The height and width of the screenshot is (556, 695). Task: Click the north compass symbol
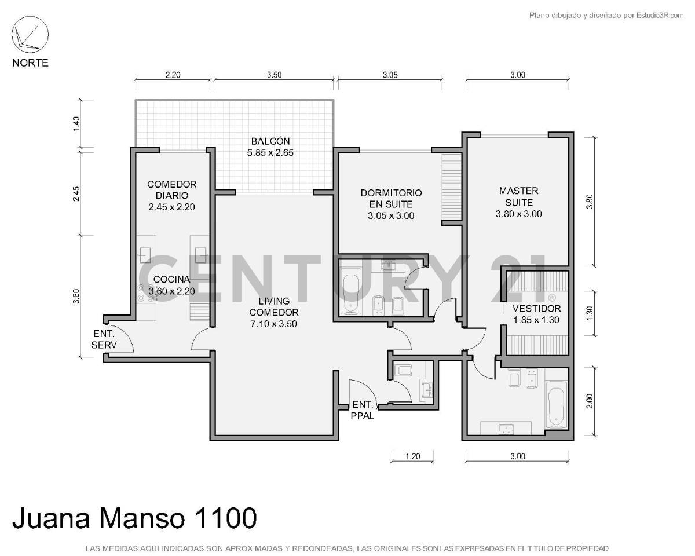pyautogui.click(x=30, y=35)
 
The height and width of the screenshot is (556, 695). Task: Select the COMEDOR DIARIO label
pyautogui.click(x=172, y=190)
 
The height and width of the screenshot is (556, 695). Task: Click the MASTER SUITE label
pyautogui.click(x=518, y=196)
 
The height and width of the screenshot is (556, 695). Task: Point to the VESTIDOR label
pyautogui.click(x=536, y=309)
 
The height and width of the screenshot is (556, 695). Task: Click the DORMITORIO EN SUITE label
pyautogui.click(x=391, y=198)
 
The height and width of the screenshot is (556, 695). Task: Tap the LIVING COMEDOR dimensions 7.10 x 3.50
pyautogui.click(x=273, y=324)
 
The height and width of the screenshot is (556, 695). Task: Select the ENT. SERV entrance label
pyautogui.click(x=104, y=339)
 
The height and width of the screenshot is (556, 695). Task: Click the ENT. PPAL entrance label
pyautogui.click(x=363, y=409)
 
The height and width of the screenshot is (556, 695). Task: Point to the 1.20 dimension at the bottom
pyautogui.click(x=412, y=456)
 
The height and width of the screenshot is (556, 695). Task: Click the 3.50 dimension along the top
pyautogui.click(x=274, y=75)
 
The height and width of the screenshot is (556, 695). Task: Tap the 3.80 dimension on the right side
pyautogui.click(x=590, y=200)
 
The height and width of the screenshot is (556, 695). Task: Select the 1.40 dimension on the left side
pyautogui.click(x=76, y=123)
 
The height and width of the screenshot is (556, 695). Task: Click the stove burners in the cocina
pyautogui.click(x=141, y=293)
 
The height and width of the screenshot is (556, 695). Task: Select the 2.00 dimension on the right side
pyautogui.click(x=590, y=401)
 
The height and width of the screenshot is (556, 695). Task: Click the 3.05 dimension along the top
pyautogui.click(x=390, y=75)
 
